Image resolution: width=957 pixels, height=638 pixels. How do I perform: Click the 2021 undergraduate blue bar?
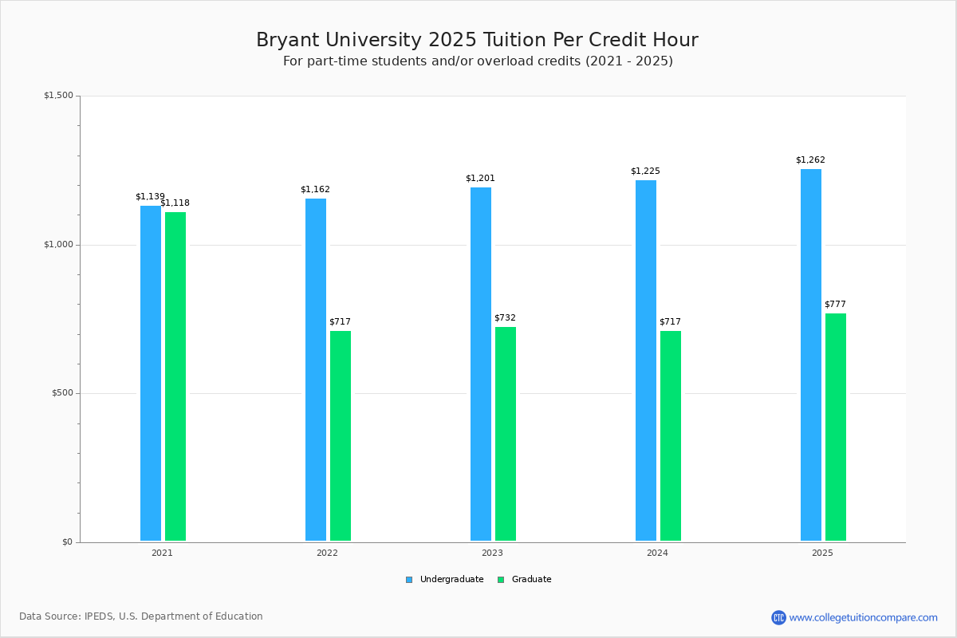(x=151, y=373)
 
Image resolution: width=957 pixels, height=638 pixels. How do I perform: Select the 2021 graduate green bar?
(x=175, y=376)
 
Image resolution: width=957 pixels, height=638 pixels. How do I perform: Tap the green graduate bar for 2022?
(x=341, y=435)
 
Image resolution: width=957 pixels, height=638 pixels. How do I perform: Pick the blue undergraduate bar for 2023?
(x=481, y=364)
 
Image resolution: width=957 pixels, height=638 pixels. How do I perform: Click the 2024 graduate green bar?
(x=671, y=435)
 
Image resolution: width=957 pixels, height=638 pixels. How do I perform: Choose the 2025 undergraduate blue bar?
(x=811, y=355)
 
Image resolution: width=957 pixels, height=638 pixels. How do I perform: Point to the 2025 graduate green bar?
(x=836, y=427)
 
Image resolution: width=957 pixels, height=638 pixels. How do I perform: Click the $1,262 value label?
(x=810, y=159)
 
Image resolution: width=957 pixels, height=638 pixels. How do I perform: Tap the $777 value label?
(x=835, y=304)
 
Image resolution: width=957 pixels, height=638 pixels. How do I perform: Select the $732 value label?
(x=505, y=317)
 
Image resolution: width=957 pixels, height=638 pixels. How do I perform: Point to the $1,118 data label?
(x=175, y=203)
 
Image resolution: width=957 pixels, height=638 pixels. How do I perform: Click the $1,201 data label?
(x=480, y=178)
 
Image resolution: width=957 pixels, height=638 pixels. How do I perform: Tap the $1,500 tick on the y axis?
(x=58, y=96)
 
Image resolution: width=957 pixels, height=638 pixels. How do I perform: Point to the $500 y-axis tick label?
(x=61, y=393)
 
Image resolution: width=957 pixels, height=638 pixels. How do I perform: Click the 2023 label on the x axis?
(x=492, y=553)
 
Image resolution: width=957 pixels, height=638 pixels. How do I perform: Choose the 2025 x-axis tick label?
(x=822, y=553)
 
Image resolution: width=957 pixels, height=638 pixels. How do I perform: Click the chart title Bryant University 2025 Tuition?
(x=477, y=40)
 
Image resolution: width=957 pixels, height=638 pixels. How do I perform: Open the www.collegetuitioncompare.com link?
(x=863, y=617)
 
